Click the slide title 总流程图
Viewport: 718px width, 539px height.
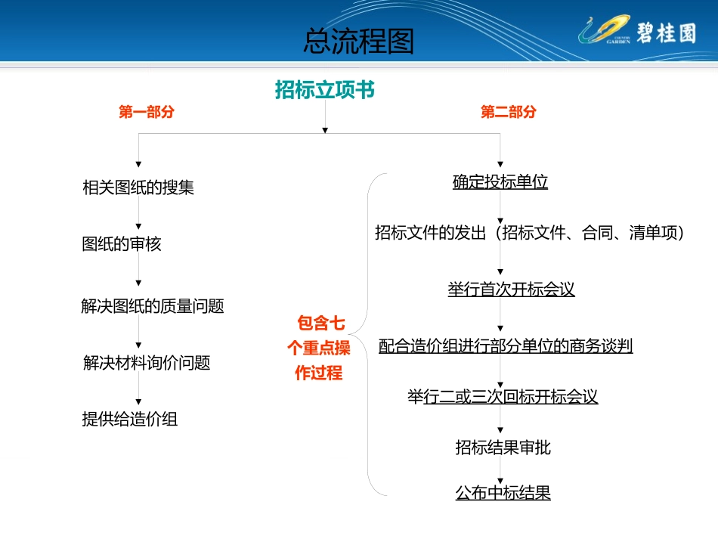tap(358, 42)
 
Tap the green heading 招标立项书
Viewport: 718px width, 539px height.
tap(324, 90)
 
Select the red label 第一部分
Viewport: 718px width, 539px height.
tap(147, 112)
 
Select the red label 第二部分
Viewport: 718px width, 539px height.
tap(509, 112)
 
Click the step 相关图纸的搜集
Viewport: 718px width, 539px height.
tap(138, 187)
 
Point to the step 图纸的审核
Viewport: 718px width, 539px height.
tap(122, 244)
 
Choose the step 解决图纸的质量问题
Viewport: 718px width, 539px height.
tap(153, 306)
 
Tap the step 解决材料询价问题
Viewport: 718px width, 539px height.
tap(147, 363)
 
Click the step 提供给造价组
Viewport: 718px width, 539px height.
tap(130, 419)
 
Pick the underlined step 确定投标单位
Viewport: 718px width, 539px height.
tap(500, 181)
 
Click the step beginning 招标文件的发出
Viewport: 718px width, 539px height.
tap(529, 233)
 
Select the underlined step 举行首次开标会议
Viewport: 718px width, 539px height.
tap(511, 290)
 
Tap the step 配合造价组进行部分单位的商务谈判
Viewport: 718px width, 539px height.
tap(506, 345)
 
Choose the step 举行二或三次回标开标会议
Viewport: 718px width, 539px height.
tap(503, 397)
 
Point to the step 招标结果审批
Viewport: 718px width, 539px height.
tap(503, 448)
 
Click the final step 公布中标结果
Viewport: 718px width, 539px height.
tap(503, 493)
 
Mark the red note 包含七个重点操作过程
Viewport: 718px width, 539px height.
tap(319, 348)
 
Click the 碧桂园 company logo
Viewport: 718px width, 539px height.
tap(635, 33)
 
